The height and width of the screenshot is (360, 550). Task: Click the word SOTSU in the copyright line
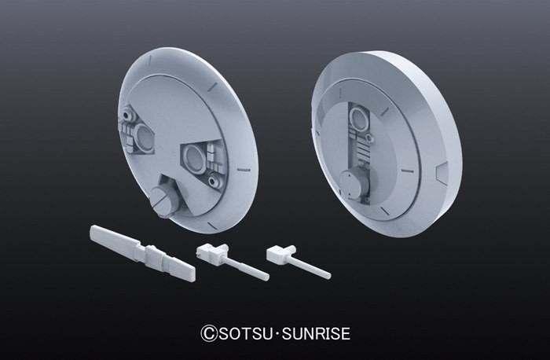[245, 333]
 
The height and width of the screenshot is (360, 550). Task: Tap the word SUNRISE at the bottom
[316, 333]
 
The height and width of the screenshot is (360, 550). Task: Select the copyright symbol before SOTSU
[209, 333]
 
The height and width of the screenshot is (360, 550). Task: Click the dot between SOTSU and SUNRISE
[277, 334]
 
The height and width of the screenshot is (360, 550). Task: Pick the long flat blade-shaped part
[142, 252]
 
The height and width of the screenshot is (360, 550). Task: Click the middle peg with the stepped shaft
[233, 260]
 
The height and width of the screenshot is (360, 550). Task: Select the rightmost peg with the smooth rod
[298, 261]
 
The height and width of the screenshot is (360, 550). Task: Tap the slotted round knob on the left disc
[163, 201]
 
